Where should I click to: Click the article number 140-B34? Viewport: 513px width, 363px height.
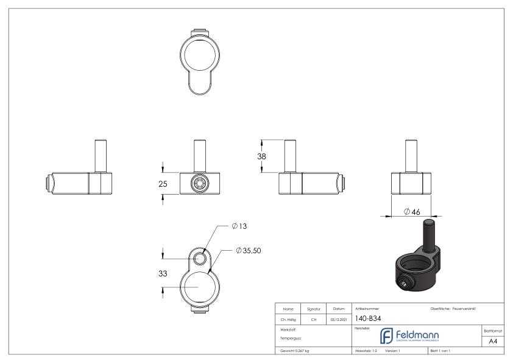(367, 318)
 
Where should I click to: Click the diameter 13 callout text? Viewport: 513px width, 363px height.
(239, 226)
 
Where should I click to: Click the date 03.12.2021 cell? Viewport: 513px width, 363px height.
(339, 318)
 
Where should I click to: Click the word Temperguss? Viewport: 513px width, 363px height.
(289, 337)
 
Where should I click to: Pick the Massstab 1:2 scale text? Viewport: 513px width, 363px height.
(366, 351)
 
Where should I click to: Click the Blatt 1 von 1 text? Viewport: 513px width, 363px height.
(443, 351)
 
